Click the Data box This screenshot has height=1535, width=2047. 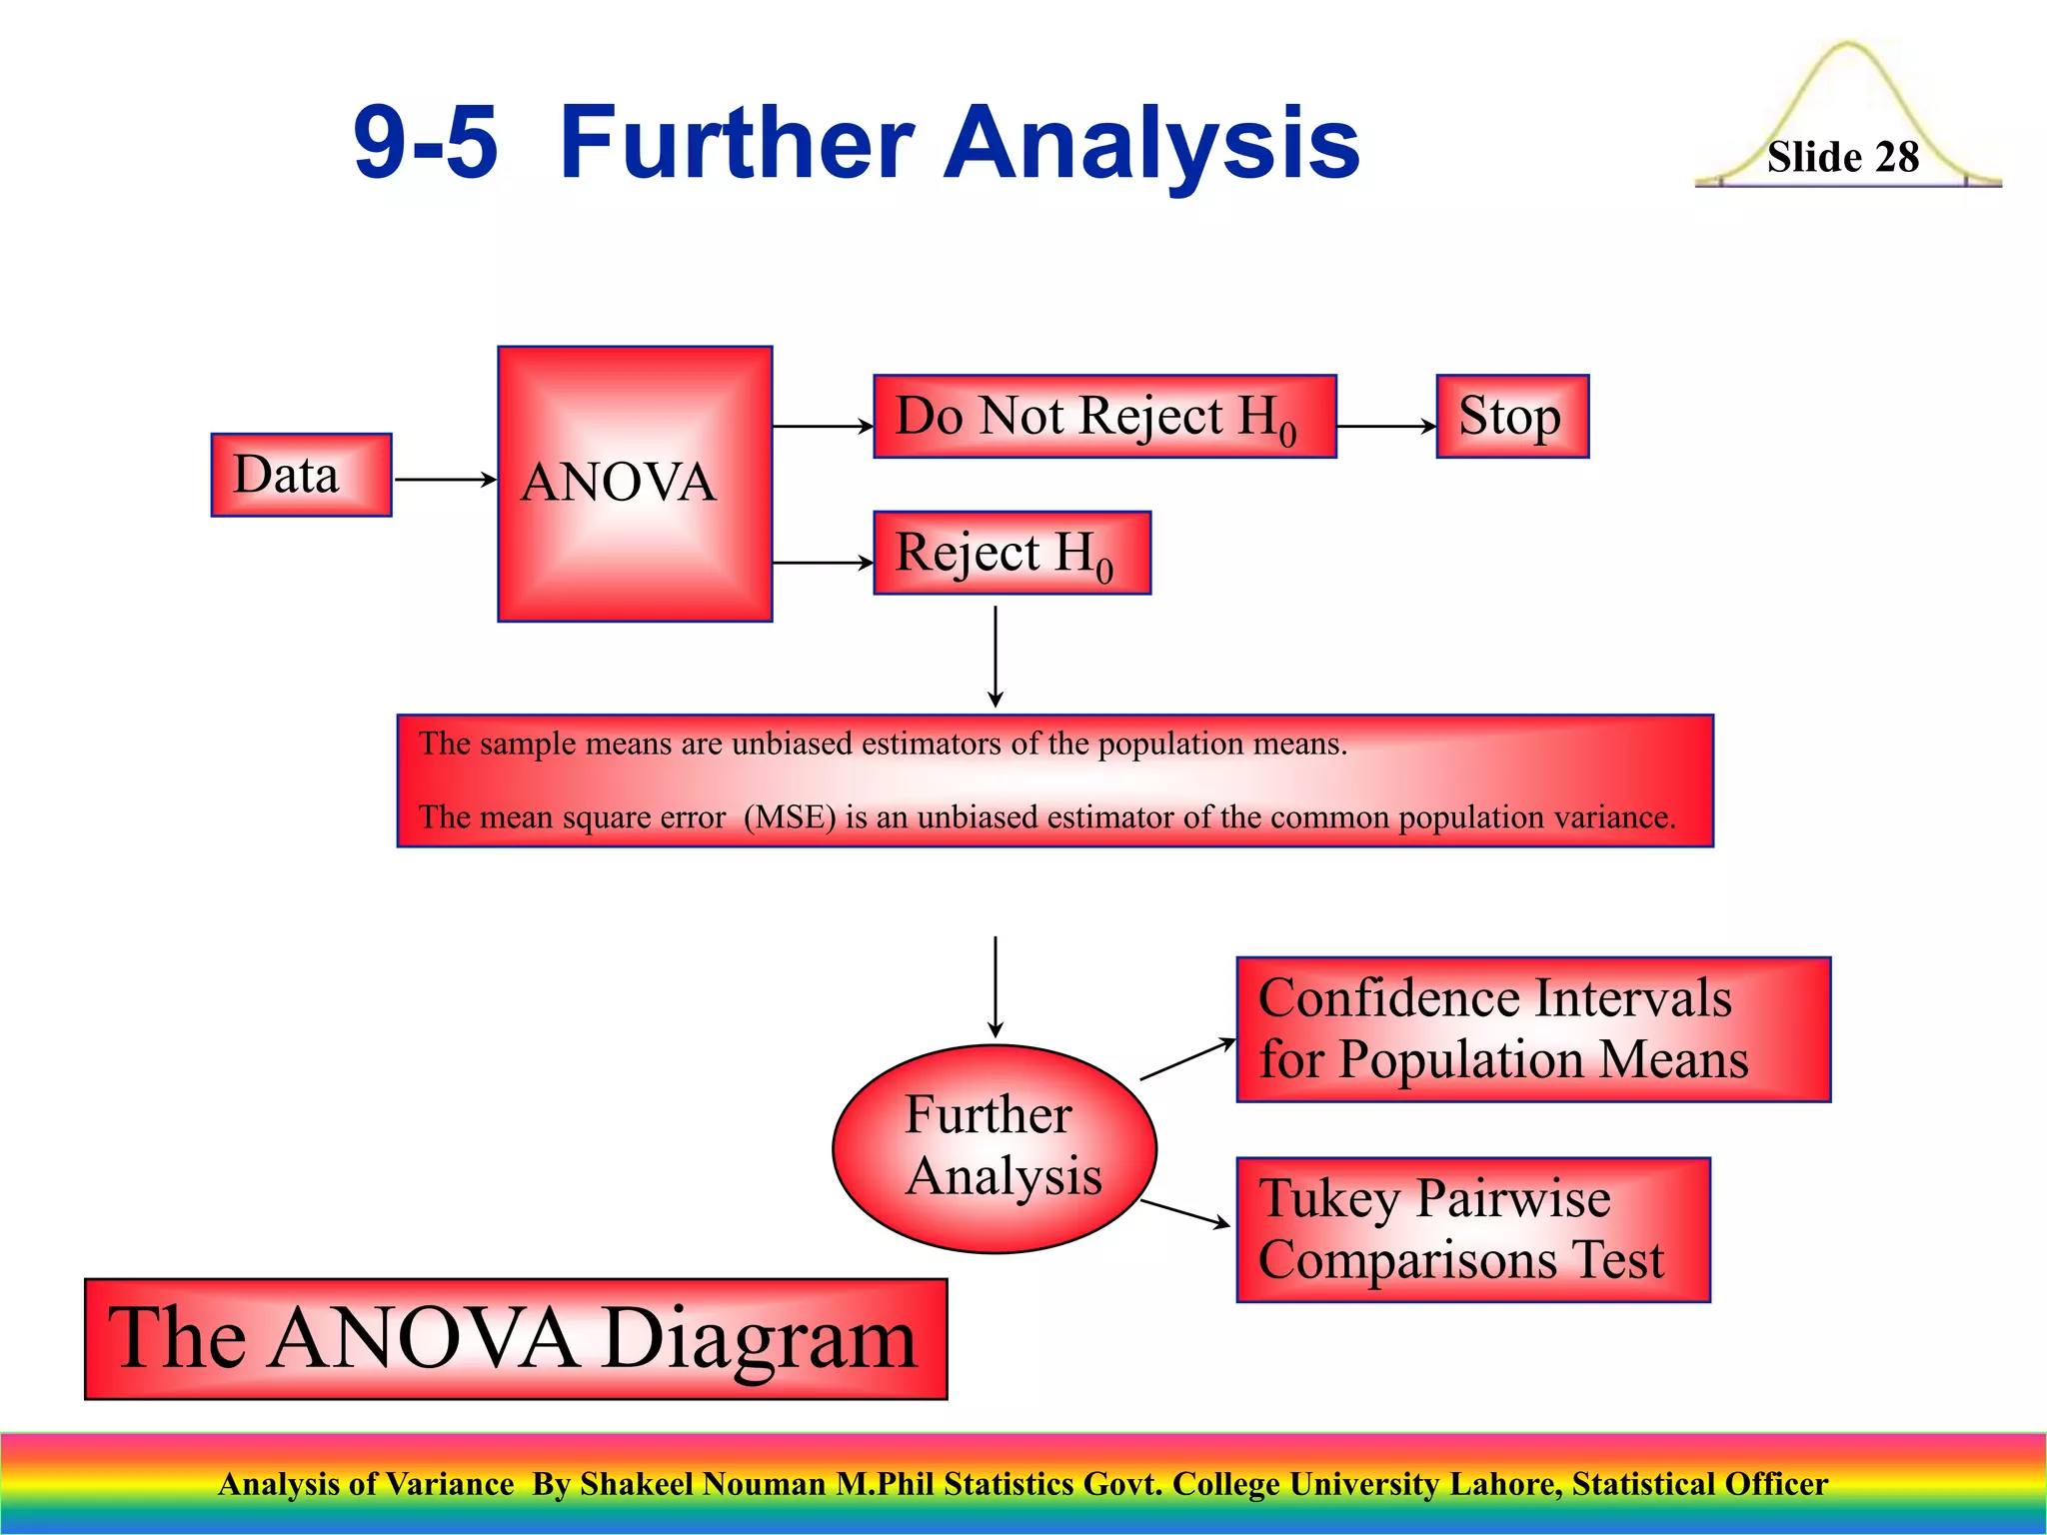pos(301,475)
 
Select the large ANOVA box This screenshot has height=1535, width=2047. pos(635,484)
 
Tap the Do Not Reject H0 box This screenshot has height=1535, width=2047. pos(1104,417)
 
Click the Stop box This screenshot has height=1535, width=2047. pos(1511,417)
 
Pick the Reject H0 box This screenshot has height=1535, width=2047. pos(1012,553)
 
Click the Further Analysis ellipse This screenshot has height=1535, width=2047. pos(995,1148)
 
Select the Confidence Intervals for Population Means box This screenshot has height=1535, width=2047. pos(1532,1029)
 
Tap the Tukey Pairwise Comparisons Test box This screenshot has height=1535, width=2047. pos(1472,1229)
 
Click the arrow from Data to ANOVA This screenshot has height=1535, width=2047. pos(445,480)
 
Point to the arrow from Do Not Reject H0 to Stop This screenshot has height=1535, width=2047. pos(1386,426)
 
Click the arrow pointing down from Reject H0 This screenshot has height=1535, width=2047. pos(996,656)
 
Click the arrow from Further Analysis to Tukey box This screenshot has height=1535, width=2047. pos(1185,1213)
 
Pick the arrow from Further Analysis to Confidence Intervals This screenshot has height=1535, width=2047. pos(1187,1059)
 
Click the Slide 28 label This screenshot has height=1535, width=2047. pos(1842,158)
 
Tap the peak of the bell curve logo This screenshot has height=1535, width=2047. pos(1848,45)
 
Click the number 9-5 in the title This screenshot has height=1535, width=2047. pos(426,144)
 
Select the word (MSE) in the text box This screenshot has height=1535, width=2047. pos(789,817)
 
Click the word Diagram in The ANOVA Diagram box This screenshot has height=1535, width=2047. pos(760,1339)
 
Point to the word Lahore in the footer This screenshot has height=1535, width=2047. pos(1505,1484)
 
